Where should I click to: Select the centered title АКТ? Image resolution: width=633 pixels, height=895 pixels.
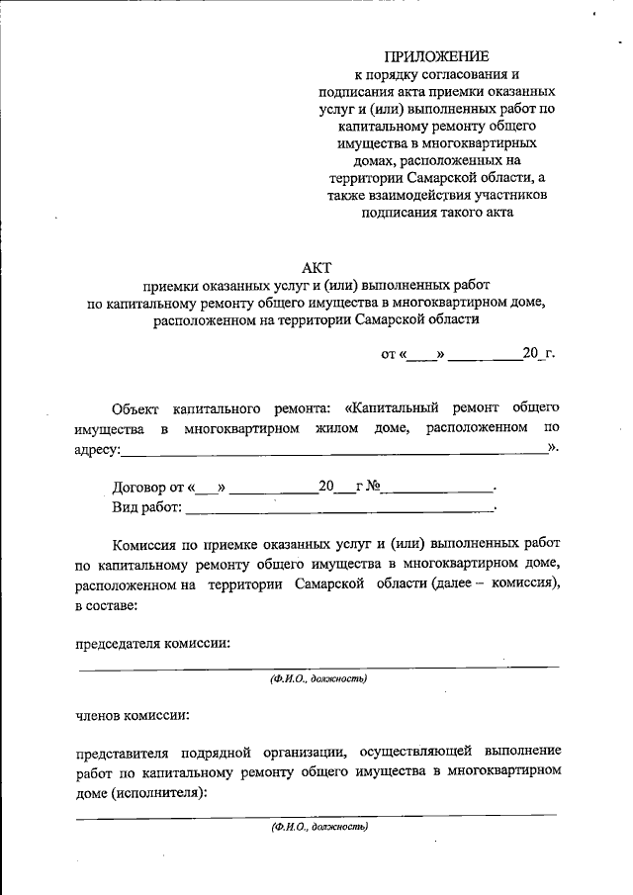tap(316, 266)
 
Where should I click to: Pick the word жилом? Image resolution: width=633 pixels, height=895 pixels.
tap(338, 429)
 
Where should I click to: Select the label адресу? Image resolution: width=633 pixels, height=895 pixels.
tap(98, 450)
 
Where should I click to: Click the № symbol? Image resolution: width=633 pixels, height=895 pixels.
tap(375, 487)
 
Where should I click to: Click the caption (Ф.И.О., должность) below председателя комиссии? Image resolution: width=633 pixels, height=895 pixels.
tap(318, 678)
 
